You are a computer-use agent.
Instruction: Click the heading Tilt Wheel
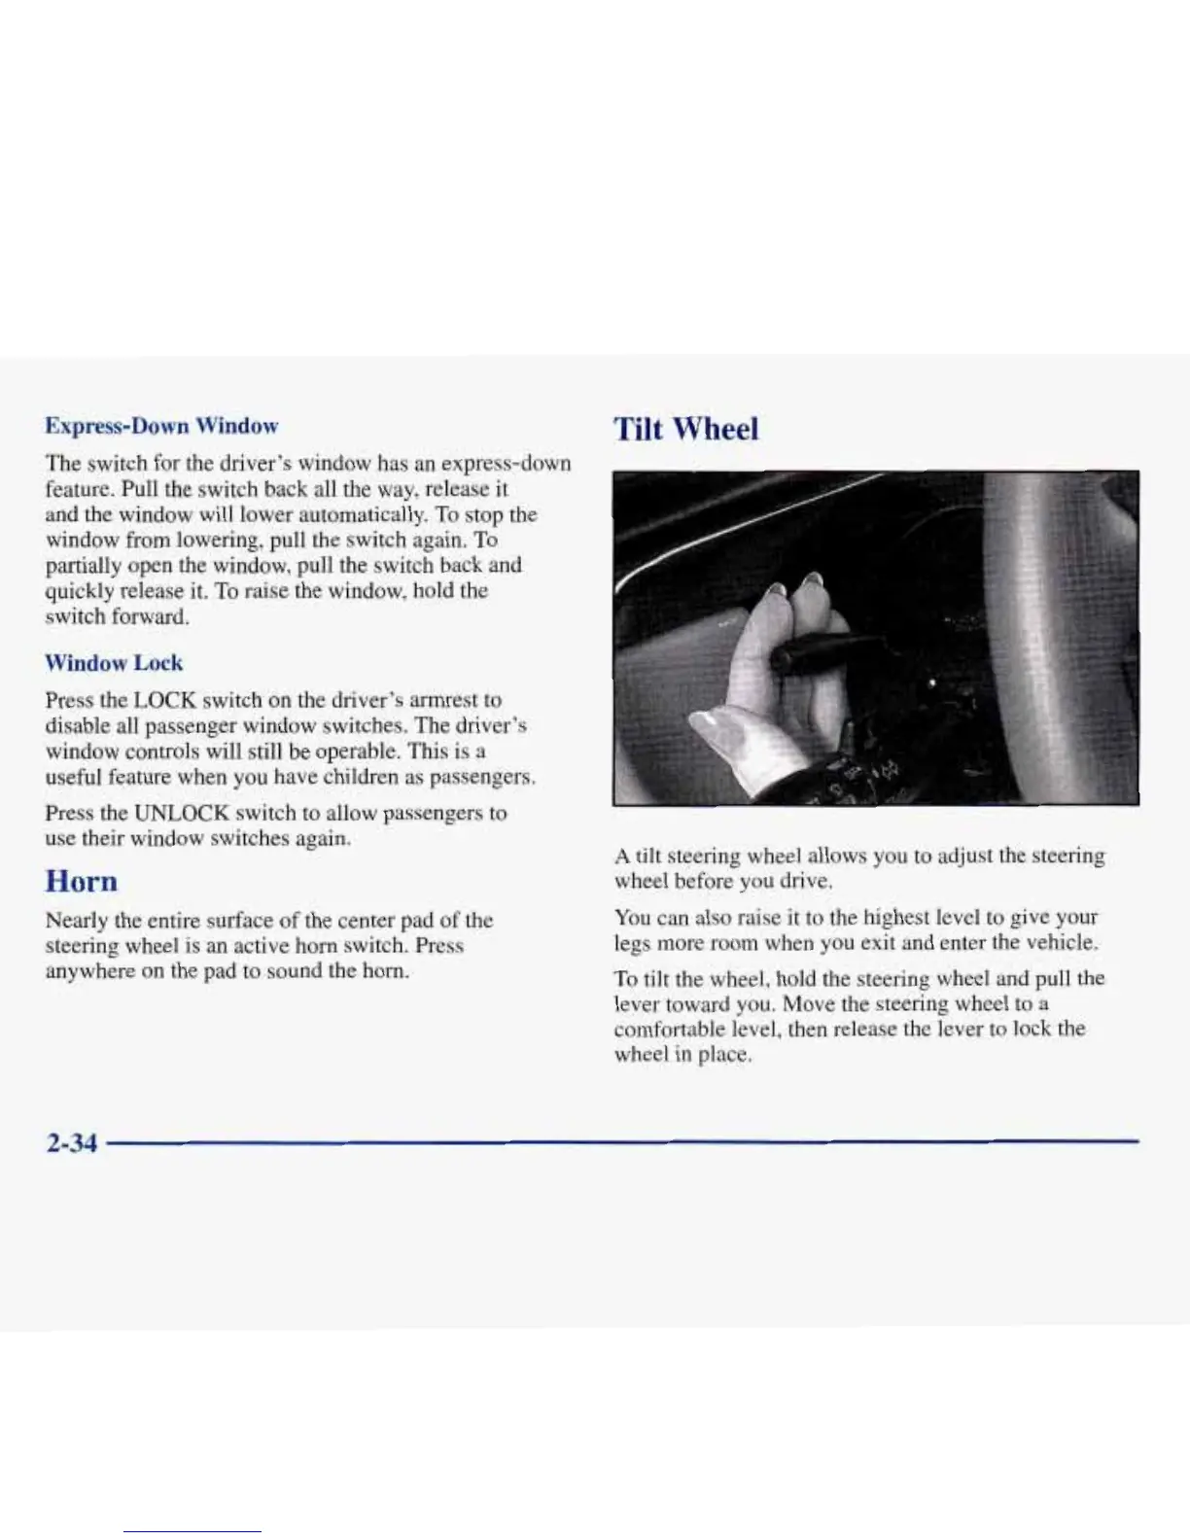coord(685,429)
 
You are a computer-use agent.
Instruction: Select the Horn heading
coord(82,881)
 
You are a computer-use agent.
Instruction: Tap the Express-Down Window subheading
coord(162,426)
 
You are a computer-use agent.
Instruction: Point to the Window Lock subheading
coord(114,663)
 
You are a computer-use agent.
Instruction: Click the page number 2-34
coord(71,1142)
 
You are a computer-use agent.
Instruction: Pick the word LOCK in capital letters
coord(167,700)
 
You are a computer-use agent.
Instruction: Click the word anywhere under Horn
coord(88,971)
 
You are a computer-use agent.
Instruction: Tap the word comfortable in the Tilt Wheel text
coord(667,1029)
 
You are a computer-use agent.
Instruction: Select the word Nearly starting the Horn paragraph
coord(76,920)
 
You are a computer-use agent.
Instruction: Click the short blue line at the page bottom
coord(192,1531)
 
